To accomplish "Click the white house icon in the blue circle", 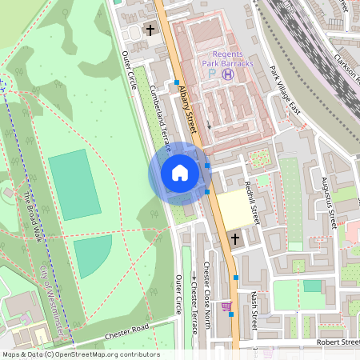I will [180, 173].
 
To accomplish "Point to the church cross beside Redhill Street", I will [235, 238].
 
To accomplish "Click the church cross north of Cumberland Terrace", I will [150, 30].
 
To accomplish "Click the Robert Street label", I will [338, 342].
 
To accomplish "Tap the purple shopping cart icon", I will [226, 306].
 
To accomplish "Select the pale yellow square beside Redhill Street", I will [232, 209].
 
